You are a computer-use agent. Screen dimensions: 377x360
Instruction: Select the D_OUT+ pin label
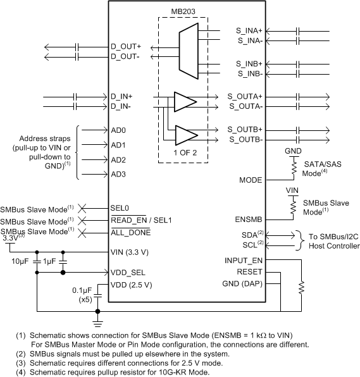coord(127,46)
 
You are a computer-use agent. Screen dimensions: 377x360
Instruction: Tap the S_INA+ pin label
coord(250,30)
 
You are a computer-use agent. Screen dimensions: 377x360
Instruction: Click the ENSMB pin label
coord(249,219)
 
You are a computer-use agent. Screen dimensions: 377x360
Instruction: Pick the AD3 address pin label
coord(119,174)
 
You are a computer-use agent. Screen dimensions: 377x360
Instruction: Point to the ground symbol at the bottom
coord(97,314)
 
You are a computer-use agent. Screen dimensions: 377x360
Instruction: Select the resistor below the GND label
coord(294,166)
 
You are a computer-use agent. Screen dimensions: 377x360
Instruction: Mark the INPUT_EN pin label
coord(244,260)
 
